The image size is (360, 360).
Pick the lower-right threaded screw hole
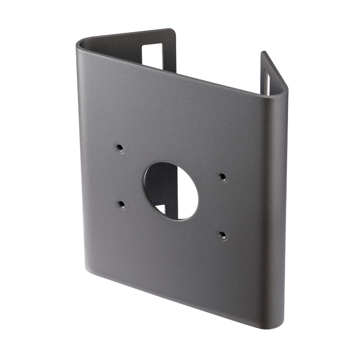(x=221, y=234)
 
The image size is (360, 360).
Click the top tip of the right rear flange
(x=263, y=53)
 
